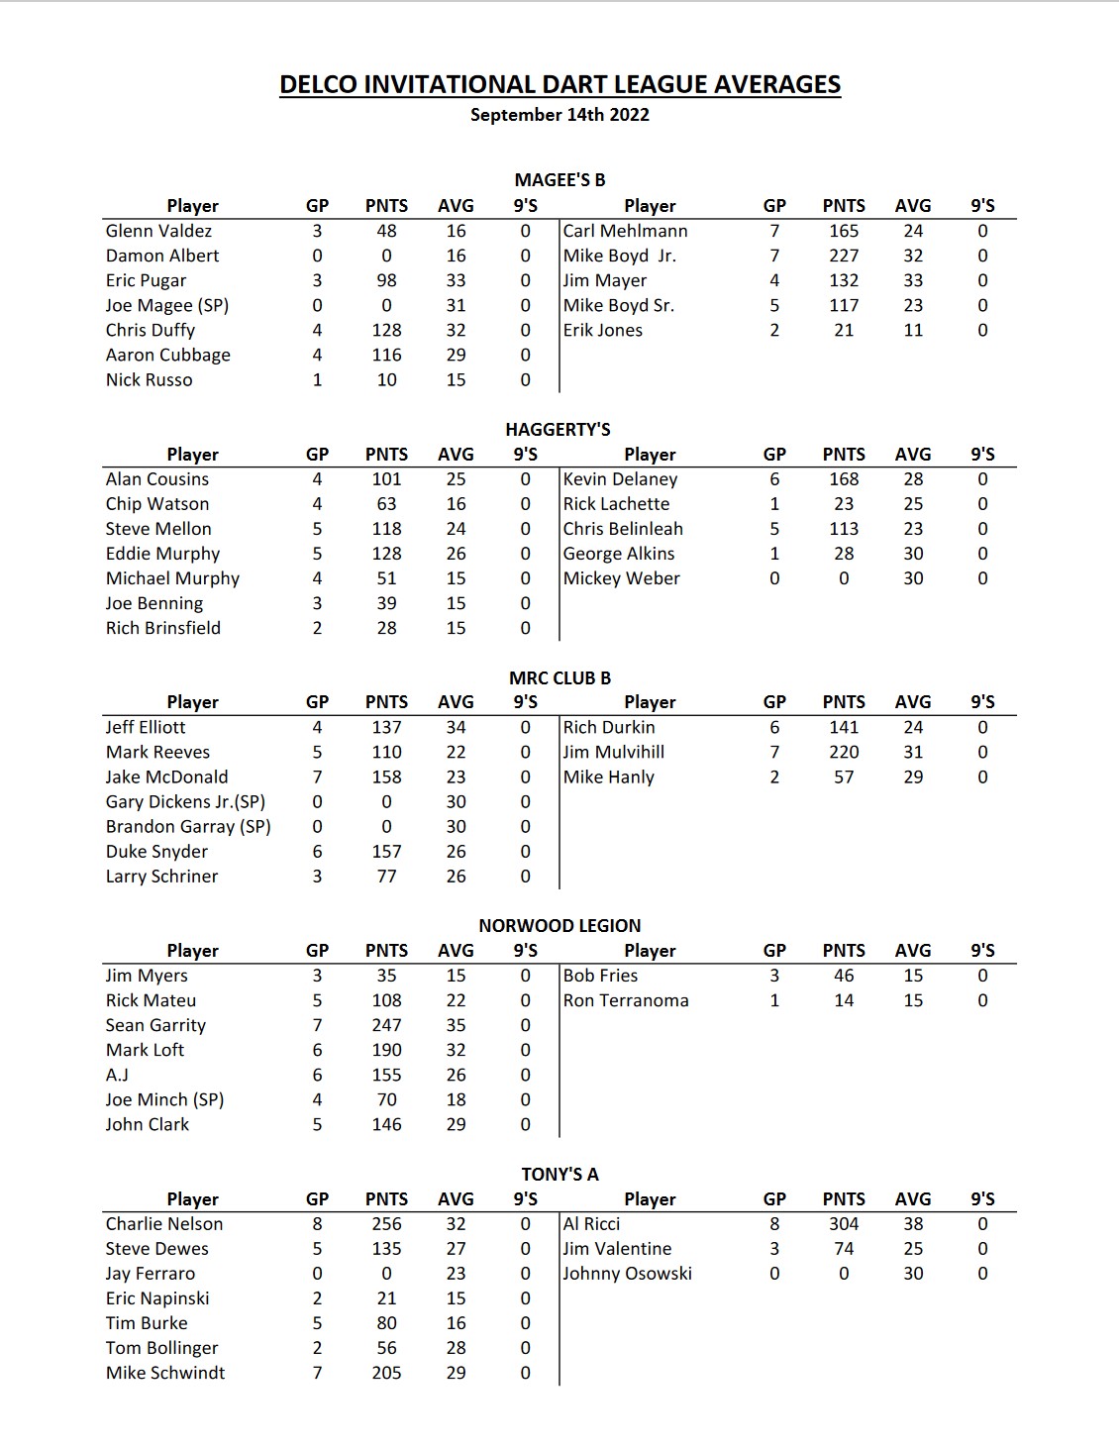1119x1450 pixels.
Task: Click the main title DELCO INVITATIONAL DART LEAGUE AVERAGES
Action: [x=559, y=85]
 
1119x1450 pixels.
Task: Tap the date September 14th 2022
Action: [x=559, y=115]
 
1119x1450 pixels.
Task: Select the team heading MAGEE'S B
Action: [x=559, y=180]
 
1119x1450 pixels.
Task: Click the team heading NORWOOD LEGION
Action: [x=559, y=926]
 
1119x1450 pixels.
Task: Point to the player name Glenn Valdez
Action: [x=158, y=231]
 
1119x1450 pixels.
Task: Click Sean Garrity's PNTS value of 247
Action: [x=386, y=1025]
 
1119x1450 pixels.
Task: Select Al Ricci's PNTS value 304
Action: [x=844, y=1224]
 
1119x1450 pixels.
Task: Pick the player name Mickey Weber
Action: [x=621, y=578]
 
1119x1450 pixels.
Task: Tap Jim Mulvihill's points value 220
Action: [x=844, y=753]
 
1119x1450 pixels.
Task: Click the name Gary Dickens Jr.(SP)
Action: [x=185, y=802]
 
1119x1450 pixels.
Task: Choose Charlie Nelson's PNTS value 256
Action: [x=386, y=1224]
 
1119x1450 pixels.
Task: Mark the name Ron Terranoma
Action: [x=626, y=1000]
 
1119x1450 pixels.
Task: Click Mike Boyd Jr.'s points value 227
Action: [x=844, y=256]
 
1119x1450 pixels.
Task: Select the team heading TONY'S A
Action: [x=559, y=1175]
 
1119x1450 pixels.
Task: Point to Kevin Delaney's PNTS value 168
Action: [x=844, y=479]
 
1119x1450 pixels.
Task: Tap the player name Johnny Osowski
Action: [x=627, y=1274]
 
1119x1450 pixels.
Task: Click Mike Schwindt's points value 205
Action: [x=386, y=1373]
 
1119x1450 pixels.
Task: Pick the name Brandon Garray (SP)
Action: [x=188, y=827]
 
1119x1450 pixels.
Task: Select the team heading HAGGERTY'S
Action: [x=558, y=430]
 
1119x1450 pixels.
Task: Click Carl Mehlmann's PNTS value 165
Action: [x=844, y=231]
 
